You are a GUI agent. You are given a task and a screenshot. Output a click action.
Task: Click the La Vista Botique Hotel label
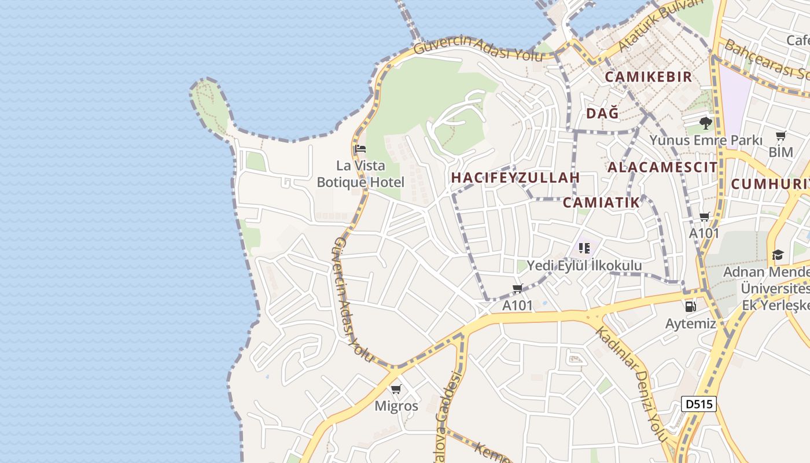click(360, 174)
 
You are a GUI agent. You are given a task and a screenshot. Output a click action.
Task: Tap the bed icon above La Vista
click(360, 149)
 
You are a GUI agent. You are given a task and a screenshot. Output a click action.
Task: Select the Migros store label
click(396, 406)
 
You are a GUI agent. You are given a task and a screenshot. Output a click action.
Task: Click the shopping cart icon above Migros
click(396, 389)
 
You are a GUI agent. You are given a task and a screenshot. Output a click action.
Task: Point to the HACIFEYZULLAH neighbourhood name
click(515, 178)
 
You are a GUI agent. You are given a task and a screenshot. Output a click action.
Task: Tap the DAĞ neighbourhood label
click(602, 113)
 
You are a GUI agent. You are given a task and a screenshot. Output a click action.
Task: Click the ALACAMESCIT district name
click(662, 167)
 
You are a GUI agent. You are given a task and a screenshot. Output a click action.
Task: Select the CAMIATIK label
click(602, 202)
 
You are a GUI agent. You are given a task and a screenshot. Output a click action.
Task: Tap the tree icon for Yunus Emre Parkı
click(705, 123)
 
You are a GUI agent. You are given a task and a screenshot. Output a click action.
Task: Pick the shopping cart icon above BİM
click(780, 137)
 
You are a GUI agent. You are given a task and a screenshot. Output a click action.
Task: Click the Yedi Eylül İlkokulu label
click(584, 265)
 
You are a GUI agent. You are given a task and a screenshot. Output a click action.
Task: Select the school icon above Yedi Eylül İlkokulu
click(584, 249)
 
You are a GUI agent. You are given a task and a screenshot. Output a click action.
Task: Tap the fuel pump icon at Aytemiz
click(690, 307)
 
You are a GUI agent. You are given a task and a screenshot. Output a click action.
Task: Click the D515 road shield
click(698, 404)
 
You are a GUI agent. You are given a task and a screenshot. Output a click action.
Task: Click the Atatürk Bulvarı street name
click(660, 24)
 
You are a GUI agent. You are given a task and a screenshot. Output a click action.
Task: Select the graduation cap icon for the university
click(778, 255)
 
